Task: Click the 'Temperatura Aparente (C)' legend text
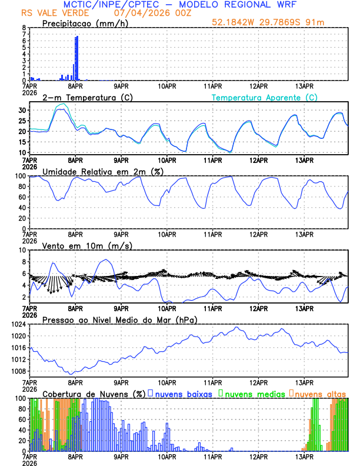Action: [265, 97]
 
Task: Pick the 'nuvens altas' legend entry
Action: [320, 393]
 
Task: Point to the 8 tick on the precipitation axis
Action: [24, 28]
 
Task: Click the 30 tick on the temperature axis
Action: [22, 111]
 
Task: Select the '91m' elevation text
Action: [315, 23]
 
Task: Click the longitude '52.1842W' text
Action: [232, 23]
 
